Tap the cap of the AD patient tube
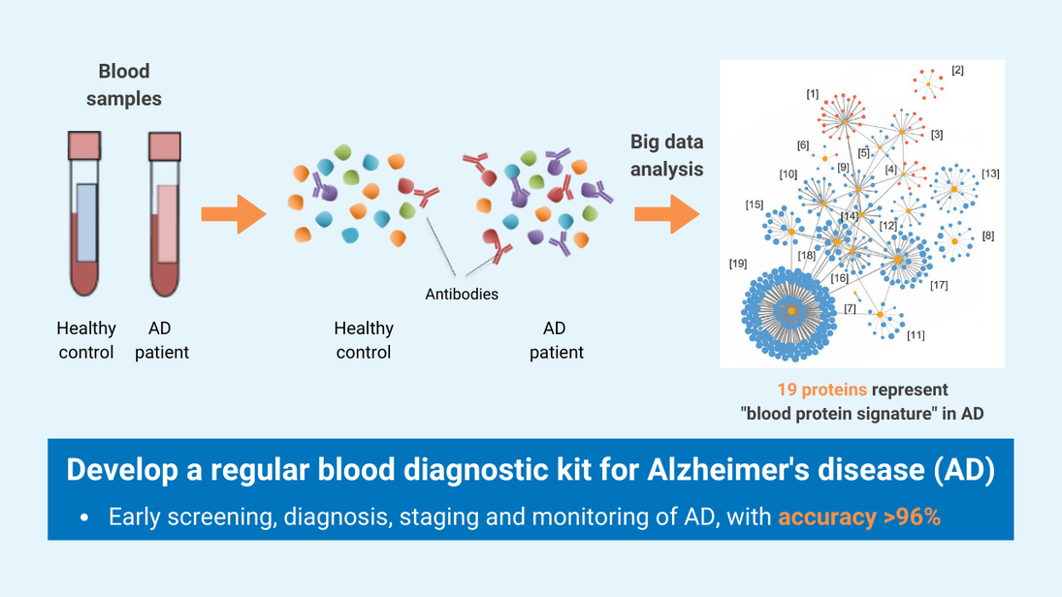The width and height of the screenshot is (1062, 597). click(165, 145)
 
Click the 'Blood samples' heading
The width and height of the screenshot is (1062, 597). click(124, 85)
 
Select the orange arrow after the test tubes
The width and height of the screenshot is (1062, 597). click(233, 214)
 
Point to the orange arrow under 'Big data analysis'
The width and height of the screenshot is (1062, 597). click(667, 214)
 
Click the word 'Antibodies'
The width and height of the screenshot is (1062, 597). click(462, 294)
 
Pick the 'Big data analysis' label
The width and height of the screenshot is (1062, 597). click(667, 155)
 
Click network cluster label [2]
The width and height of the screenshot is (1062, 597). click(957, 71)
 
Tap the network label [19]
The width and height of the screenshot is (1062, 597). click(738, 263)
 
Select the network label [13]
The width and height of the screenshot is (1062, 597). click(990, 173)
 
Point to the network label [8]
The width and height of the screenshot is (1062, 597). click(987, 236)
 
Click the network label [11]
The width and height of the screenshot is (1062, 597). click(916, 335)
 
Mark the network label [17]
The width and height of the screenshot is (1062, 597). click(939, 286)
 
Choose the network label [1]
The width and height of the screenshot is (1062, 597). click(813, 94)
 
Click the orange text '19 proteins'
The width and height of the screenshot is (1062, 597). click(821, 390)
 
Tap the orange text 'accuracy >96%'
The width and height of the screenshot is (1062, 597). click(859, 518)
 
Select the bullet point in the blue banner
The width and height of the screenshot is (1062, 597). click(84, 518)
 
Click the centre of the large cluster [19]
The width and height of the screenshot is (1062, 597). click(791, 310)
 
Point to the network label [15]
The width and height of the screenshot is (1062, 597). click(754, 204)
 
